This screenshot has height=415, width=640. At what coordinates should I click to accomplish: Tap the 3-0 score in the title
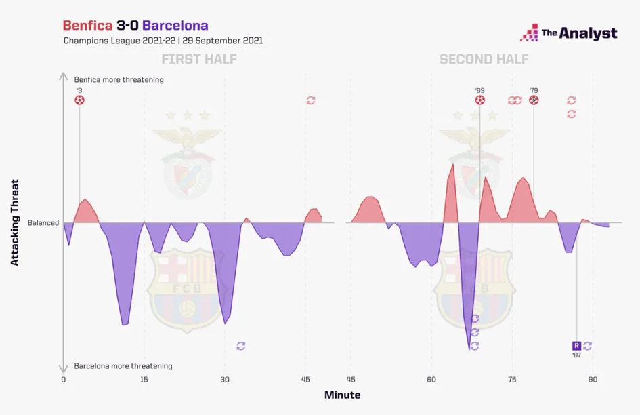click(129, 26)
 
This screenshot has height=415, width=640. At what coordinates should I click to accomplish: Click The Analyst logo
click(568, 33)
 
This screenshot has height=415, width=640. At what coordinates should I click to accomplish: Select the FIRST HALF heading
click(199, 60)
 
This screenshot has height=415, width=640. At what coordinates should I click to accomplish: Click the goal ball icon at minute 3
click(80, 100)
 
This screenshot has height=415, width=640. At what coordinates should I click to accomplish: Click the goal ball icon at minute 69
click(479, 100)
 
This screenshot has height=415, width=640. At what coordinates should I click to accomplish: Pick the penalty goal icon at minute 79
click(534, 100)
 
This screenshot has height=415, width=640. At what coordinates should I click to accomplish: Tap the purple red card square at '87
click(576, 346)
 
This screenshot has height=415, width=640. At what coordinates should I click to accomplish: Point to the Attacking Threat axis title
click(15, 222)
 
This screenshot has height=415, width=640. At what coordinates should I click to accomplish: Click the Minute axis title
click(342, 395)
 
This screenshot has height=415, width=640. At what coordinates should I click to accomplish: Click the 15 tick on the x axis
click(144, 380)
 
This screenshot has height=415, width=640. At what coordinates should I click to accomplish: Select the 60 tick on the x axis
click(431, 380)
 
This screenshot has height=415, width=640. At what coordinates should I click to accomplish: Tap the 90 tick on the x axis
click(593, 380)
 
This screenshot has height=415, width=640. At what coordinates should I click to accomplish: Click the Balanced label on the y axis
click(43, 222)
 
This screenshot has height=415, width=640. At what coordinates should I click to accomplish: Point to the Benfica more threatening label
click(119, 79)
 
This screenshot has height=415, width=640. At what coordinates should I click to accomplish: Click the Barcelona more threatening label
click(123, 366)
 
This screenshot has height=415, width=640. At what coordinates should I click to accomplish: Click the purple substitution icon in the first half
click(241, 346)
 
